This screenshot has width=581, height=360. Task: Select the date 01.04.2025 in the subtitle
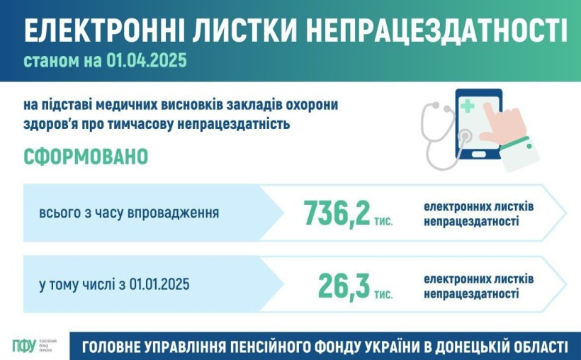click(147, 60)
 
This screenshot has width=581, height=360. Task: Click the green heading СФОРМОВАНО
click(86, 157)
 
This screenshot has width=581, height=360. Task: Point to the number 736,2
click(337, 213)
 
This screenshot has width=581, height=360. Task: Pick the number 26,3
click(344, 286)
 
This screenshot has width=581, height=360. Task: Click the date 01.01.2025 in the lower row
click(159, 284)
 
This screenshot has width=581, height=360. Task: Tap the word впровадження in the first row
click(173, 213)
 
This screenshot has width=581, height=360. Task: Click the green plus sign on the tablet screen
click(468, 106)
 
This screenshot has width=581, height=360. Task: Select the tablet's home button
click(479, 153)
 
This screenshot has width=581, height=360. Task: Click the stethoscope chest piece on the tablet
click(464, 137)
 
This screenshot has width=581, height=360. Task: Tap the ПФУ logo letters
click(24, 346)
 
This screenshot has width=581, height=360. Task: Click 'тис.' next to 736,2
click(383, 221)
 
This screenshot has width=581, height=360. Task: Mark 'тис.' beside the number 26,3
click(383, 294)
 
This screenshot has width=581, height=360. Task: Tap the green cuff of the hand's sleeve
click(515, 142)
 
